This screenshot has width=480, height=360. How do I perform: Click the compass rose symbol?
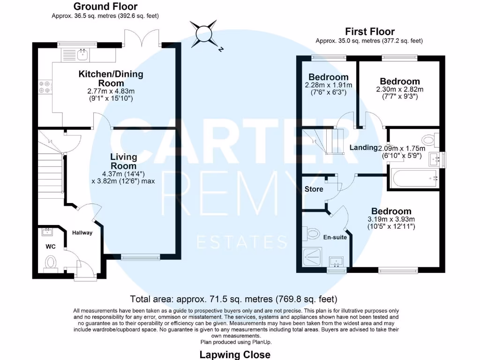[x=205, y=34]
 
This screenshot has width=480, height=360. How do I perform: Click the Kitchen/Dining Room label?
[x=111, y=78]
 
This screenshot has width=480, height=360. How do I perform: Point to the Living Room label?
[x=124, y=161]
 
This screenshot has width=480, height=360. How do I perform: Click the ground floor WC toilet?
[x=51, y=262]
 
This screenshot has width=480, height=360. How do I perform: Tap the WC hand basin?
[x=48, y=232]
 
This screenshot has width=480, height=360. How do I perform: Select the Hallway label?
[x=82, y=232]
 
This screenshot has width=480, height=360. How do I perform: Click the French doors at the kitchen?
[x=142, y=37]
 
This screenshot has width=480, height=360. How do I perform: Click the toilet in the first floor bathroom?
[x=429, y=139]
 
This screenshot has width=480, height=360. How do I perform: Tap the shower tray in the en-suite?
[x=314, y=256]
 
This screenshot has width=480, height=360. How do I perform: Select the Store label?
[x=314, y=190]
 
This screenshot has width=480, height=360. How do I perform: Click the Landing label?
[x=363, y=148]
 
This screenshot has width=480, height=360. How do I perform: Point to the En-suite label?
[x=335, y=237]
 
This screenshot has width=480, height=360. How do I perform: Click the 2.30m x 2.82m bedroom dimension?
[x=399, y=90]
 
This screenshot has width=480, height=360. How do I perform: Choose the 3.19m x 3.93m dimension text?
[x=391, y=219]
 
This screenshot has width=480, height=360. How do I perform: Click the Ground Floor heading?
[x=105, y=7]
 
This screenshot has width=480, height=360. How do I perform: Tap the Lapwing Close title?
[x=235, y=354]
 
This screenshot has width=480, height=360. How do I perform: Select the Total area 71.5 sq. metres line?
[x=233, y=299]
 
